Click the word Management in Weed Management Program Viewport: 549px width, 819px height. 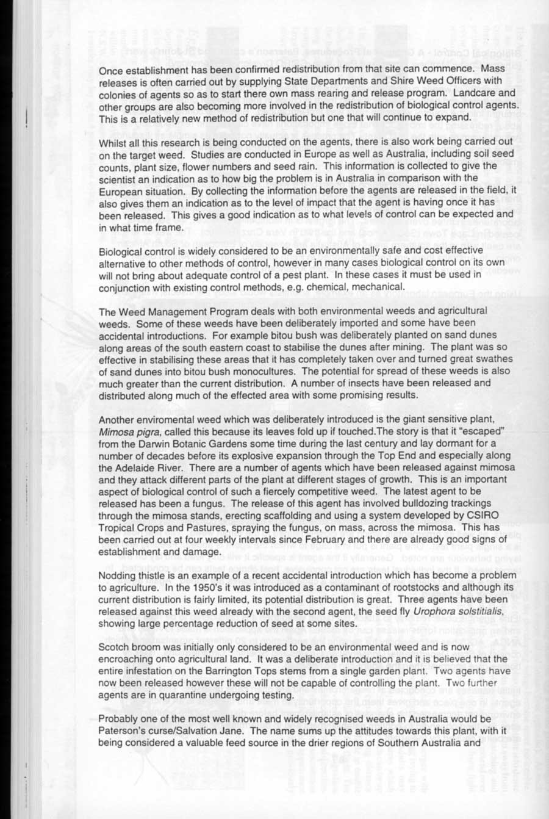(171, 311)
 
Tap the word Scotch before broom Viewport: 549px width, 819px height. (113, 647)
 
